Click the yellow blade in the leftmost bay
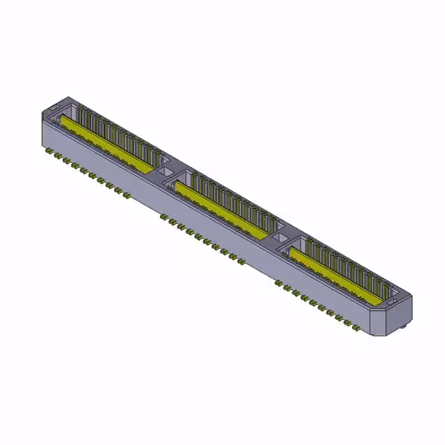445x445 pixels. click(x=104, y=142)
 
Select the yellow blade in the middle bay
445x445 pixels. click(x=222, y=207)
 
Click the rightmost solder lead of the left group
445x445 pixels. click(x=126, y=194)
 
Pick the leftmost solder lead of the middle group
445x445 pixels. click(x=163, y=217)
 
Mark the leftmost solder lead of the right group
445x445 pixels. click(x=278, y=284)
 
